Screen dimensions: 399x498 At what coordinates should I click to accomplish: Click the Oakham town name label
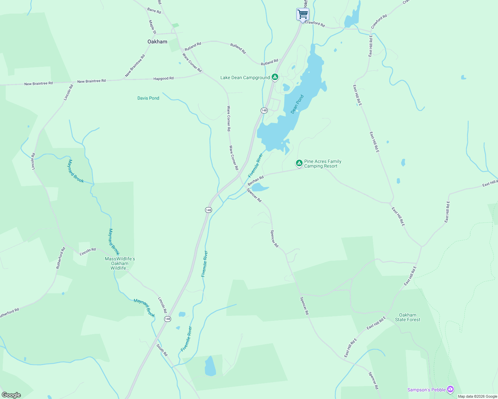[x=157, y=42]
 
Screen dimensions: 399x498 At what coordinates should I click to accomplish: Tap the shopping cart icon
[x=303, y=14]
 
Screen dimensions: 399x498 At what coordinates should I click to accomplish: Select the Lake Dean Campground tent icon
[x=275, y=77]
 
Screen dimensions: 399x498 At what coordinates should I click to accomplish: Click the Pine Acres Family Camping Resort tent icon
[x=299, y=163]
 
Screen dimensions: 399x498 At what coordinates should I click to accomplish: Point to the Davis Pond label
[x=148, y=98]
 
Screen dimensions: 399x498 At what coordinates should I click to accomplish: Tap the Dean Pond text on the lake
[x=297, y=104]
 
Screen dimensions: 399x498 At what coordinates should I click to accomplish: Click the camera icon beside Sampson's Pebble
[x=450, y=389]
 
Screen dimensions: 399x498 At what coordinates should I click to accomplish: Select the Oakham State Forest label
[x=407, y=317]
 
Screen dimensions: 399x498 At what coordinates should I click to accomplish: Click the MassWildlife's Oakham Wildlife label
[x=120, y=263]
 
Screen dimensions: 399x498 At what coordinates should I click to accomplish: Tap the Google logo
[x=11, y=395]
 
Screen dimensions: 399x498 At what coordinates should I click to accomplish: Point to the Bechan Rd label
[x=256, y=181]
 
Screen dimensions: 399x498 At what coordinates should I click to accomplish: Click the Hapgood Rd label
[x=163, y=78]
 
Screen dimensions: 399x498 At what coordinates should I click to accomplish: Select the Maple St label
[x=152, y=27]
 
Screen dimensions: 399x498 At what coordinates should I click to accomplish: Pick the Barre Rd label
[x=154, y=11]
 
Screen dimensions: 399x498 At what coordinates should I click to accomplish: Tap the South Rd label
[x=162, y=350]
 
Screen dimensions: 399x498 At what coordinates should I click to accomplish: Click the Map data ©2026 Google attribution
[x=477, y=396]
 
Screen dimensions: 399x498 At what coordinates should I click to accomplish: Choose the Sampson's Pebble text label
[x=426, y=390]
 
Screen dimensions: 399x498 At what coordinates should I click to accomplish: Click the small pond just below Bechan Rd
[x=260, y=188]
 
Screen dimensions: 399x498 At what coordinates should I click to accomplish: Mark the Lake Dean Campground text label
[x=245, y=77]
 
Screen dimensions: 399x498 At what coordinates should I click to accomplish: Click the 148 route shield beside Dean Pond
[x=264, y=110]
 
